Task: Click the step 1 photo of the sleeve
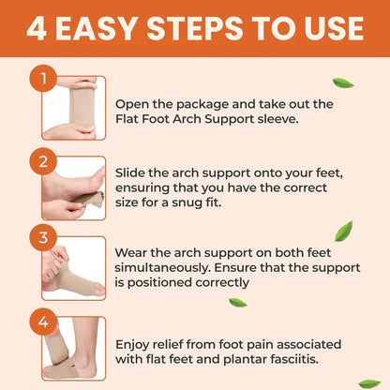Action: pos(75,108)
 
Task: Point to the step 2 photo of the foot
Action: pos(75,187)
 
